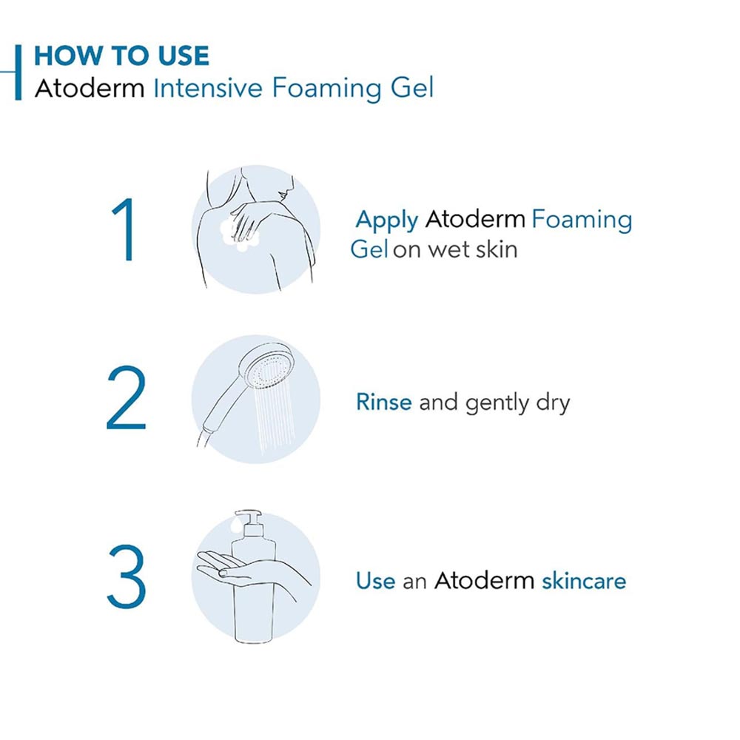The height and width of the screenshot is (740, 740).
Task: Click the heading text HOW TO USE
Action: [121, 56]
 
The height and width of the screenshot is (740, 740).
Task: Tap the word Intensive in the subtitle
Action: [208, 88]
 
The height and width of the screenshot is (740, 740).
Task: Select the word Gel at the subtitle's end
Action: [411, 88]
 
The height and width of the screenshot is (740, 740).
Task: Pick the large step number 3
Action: [126, 578]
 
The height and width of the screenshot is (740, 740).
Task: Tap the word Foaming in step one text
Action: [582, 221]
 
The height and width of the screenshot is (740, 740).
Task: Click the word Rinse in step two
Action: [383, 403]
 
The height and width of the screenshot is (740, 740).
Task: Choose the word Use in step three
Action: [375, 581]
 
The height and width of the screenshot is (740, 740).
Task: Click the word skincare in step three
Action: [584, 581]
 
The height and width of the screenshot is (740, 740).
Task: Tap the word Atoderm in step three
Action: [483, 581]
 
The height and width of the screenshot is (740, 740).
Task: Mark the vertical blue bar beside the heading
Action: [18, 72]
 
